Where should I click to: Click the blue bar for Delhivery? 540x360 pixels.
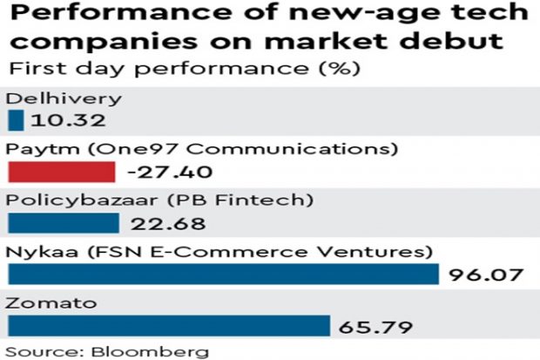16,119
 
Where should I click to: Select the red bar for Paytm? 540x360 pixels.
61,172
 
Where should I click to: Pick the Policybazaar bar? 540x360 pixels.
63,223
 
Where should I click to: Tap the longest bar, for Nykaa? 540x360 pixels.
223,275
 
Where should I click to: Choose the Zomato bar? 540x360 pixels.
168,326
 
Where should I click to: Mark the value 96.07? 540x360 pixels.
483,276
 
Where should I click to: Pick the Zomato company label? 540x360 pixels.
38,304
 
